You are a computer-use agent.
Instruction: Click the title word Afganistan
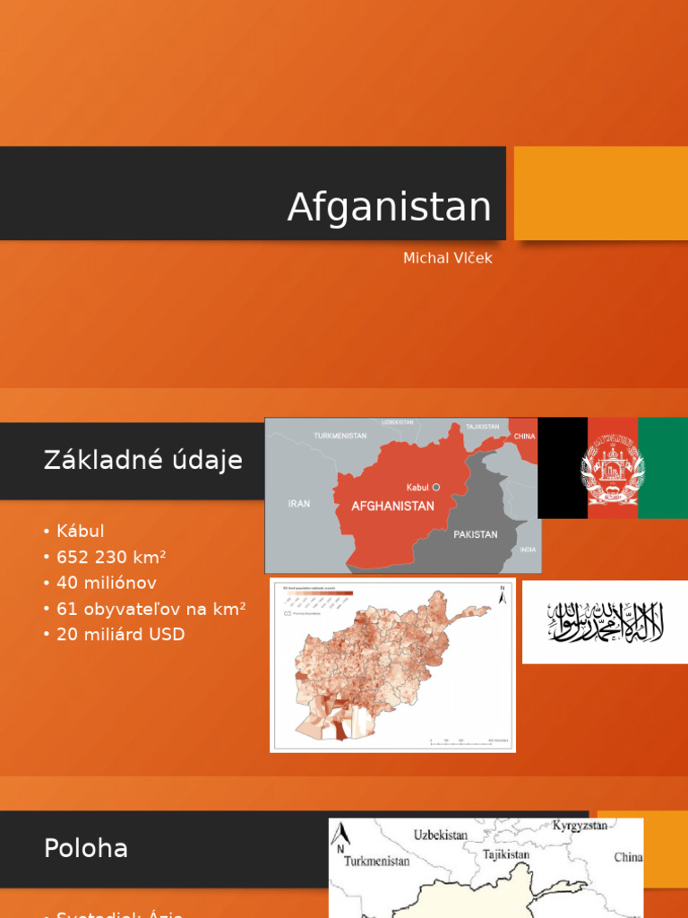point(389,208)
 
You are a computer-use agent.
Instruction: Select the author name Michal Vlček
point(447,258)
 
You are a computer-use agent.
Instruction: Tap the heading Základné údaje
point(142,461)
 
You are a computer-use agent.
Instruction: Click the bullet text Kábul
point(80,531)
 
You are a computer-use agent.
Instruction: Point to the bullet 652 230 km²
point(111,557)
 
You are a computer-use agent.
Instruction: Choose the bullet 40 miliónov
point(106,583)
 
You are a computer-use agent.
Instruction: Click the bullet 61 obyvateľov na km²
point(150,609)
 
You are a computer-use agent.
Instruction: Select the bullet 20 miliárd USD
point(120,635)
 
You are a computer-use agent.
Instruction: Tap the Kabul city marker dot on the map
point(436,487)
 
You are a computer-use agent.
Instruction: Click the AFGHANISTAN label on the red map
point(392,506)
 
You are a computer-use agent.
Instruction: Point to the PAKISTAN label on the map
point(475,534)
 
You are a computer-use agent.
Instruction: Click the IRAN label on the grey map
point(299,504)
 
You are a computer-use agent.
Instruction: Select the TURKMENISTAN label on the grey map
point(340,436)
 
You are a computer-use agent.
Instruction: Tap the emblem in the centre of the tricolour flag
point(613,468)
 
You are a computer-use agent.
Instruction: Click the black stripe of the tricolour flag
point(563,468)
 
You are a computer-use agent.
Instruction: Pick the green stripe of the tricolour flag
point(663,468)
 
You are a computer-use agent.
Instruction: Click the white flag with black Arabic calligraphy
point(605,622)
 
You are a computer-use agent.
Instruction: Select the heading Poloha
point(86,848)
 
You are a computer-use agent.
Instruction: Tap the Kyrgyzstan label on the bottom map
point(580,825)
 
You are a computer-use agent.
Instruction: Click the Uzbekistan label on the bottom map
point(440,835)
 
